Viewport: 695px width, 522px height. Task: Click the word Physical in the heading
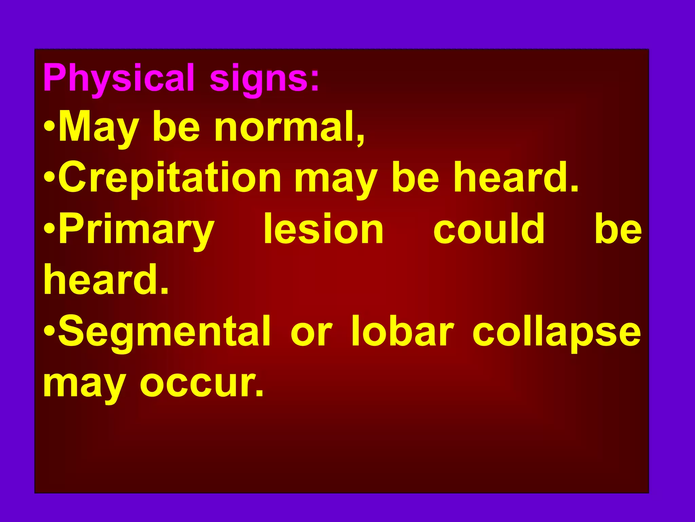(119, 78)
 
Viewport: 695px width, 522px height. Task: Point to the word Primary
(137, 229)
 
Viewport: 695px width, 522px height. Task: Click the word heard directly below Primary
(106, 279)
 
